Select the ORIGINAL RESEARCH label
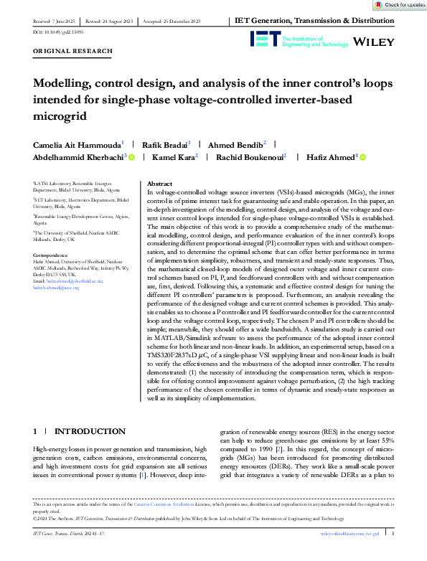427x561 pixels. (x=73, y=51)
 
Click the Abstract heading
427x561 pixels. (x=160, y=184)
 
